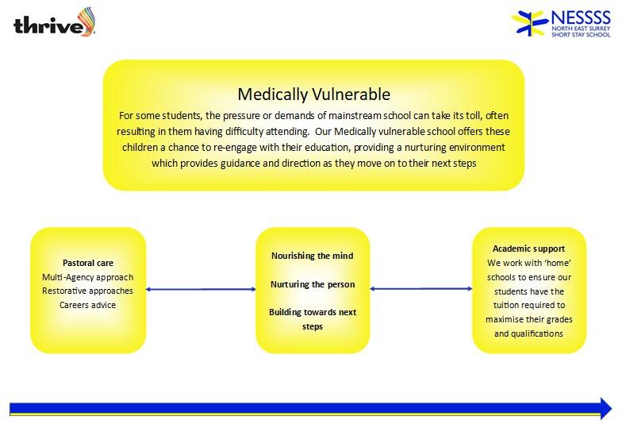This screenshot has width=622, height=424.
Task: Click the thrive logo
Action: click(x=54, y=22)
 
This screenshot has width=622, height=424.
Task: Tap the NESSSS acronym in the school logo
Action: click(x=581, y=17)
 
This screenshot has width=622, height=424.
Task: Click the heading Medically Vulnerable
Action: click(x=314, y=94)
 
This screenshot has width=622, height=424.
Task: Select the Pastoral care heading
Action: click(x=88, y=263)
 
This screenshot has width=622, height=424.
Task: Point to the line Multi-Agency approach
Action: click(x=87, y=277)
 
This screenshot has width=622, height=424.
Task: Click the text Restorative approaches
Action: click(x=87, y=291)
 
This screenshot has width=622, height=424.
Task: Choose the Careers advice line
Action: click(x=87, y=305)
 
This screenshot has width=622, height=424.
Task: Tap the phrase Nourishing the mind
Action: click(x=313, y=256)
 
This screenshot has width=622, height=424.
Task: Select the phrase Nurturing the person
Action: click(x=313, y=284)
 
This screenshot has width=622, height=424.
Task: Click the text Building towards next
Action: click(x=313, y=313)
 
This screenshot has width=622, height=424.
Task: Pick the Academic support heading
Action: click(x=528, y=249)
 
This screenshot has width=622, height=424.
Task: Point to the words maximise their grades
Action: click(x=528, y=319)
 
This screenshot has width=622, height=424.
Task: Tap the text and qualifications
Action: click(x=528, y=333)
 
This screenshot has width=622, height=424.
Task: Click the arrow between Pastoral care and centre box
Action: click(x=201, y=289)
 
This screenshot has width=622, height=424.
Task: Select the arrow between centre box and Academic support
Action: click(x=420, y=289)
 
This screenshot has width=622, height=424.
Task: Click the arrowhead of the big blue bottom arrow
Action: click(x=606, y=408)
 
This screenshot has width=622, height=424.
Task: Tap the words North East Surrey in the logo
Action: click(x=581, y=29)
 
